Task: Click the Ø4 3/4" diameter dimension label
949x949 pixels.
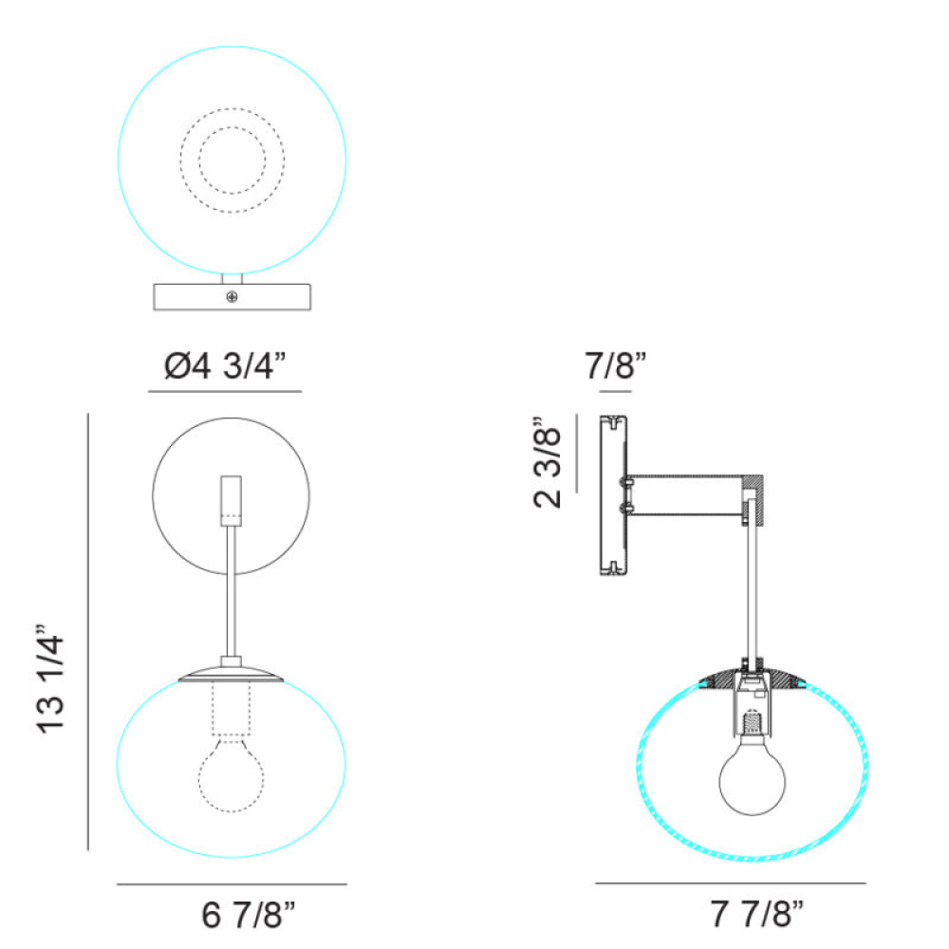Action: click(x=225, y=365)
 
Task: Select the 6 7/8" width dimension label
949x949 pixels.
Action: click(x=248, y=915)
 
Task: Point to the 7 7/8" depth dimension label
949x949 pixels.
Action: click(x=756, y=913)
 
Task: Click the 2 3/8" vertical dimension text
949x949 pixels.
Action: click(x=548, y=462)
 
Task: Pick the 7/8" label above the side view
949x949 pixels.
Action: click(x=616, y=365)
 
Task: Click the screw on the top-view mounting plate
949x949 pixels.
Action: click(x=232, y=296)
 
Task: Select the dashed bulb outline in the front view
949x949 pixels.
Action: click(x=232, y=774)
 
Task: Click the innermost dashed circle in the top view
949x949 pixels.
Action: click(x=233, y=160)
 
